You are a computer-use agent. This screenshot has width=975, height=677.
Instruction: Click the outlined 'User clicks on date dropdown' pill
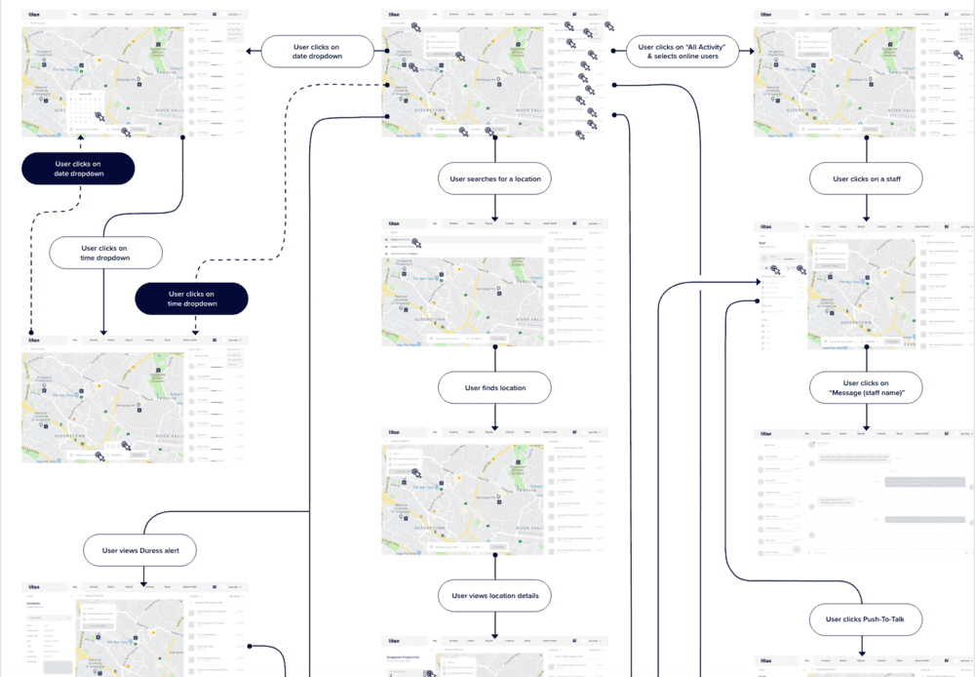pyautogui.click(x=316, y=52)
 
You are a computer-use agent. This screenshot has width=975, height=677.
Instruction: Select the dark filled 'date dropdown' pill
pyautogui.click(x=78, y=169)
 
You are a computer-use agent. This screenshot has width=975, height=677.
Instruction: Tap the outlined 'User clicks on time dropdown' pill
pyautogui.click(x=104, y=254)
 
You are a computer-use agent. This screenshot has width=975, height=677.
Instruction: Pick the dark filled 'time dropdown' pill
pyautogui.click(x=191, y=299)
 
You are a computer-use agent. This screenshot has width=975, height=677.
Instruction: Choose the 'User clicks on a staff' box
pyautogui.click(x=867, y=179)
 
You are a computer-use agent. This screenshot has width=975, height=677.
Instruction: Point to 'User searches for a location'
pyautogui.click(x=495, y=179)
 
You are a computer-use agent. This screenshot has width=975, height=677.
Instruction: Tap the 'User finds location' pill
pyautogui.click(x=495, y=388)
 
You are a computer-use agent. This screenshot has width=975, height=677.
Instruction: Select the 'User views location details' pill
pyautogui.click(x=495, y=595)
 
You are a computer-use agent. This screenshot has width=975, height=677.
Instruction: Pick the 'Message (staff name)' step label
pyautogui.click(x=866, y=388)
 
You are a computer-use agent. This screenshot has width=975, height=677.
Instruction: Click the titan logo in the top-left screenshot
pyautogui.click(x=33, y=16)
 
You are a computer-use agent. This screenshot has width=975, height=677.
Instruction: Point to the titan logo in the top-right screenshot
pyautogui.click(x=765, y=16)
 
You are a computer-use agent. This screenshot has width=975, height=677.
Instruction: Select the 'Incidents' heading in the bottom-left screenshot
pyautogui.click(x=40, y=603)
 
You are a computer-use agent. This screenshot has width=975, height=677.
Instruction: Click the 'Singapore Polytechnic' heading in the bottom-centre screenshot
pyautogui.click(x=405, y=657)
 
